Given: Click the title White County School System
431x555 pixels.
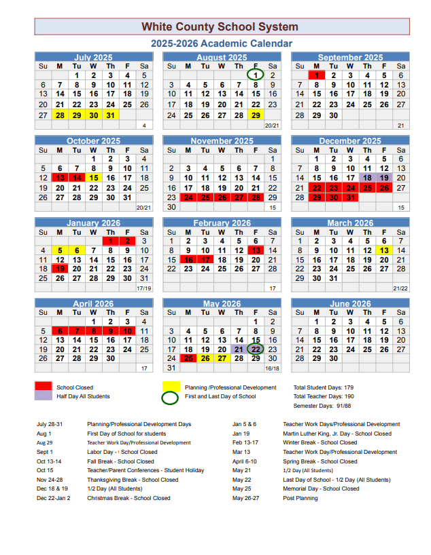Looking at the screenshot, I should (x=220, y=27).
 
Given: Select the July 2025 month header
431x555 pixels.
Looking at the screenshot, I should (x=93, y=58).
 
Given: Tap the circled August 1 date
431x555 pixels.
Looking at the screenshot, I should (x=255, y=75).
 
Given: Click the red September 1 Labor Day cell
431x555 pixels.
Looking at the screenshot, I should (x=316, y=75).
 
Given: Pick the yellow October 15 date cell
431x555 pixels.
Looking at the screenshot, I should (x=93, y=178).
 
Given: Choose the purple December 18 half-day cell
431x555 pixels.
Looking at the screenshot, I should (x=367, y=178).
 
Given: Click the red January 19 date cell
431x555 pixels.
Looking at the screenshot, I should (x=60, y=269).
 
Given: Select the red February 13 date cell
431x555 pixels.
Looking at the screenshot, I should (x=255, y=250).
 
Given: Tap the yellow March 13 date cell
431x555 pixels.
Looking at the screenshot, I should (x=384, y=250).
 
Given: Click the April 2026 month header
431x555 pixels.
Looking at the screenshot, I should (x=93, y=304).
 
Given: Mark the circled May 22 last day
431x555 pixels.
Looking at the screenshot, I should (x=255, y=349).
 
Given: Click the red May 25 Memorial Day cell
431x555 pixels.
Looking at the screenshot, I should (x=188, y=358).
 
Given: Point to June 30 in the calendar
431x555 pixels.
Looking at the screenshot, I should (x=333, y=358).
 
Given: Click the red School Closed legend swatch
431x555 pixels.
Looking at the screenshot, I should (x=43, y=387).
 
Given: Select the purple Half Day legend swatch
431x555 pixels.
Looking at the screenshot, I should (x=43, y=396).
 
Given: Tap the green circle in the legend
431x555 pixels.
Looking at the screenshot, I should (x=171, y=397).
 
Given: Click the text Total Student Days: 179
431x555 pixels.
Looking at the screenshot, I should (x=324, y=387).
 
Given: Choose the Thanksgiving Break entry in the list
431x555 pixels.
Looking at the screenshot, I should (x=128, y=480).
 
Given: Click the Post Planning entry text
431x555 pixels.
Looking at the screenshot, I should (x=300, y=498).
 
